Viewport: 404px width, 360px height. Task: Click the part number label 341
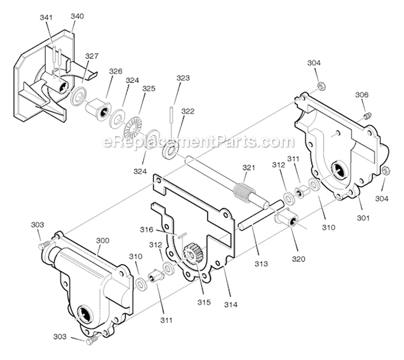(46, 17)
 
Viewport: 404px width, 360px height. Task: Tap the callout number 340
(77, 16)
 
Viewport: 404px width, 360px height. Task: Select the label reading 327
(92, 56)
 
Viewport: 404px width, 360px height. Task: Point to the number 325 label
(149, 88)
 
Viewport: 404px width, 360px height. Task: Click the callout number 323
(183, 78)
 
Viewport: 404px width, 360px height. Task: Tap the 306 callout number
(361, 95)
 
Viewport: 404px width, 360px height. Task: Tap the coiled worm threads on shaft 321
(245, 191)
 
